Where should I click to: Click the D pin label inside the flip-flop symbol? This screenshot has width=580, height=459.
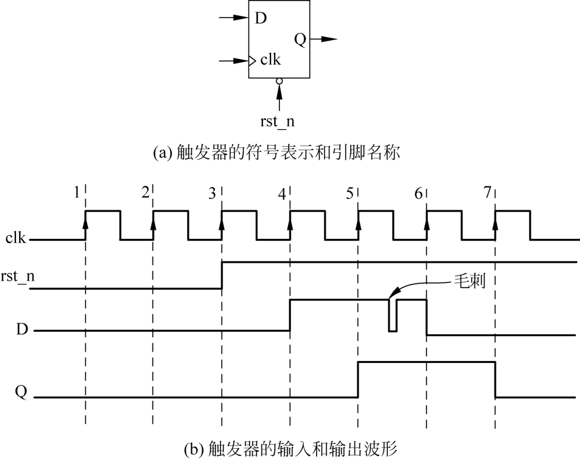point(261,18)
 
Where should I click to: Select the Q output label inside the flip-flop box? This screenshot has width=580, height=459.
point(300,39)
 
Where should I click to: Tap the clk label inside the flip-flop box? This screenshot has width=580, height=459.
point(271,59)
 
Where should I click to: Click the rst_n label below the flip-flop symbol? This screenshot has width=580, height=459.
point(277,122)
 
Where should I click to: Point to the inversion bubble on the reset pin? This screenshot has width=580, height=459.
point(279,81)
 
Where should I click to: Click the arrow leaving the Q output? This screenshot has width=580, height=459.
point(324,39)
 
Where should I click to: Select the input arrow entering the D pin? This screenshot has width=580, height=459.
point(234,18)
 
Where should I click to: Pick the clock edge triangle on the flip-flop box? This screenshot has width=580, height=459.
point(252,60)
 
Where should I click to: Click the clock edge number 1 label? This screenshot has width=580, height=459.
point(76,193)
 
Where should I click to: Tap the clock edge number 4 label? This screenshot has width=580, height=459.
point(282,194)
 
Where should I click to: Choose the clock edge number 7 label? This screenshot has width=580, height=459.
point(488,193)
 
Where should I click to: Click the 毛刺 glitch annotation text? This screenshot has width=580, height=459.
point(469,281)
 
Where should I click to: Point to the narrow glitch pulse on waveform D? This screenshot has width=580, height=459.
point(393,315)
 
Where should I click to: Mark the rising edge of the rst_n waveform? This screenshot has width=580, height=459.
point(222,275)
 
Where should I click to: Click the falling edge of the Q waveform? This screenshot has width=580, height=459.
point(495,380)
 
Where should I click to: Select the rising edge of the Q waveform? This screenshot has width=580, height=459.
point(358,380)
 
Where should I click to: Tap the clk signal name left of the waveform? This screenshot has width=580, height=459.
point(16,238)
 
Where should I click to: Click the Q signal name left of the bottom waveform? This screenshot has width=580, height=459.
point(21,392)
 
